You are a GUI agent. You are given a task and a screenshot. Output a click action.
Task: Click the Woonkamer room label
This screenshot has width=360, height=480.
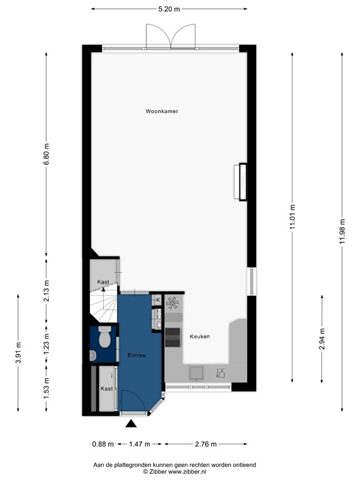click(x=162, y=111)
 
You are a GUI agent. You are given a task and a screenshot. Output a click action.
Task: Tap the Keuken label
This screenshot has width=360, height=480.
click(x=200, y=337)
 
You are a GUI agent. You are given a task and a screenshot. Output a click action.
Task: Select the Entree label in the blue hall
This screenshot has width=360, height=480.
click(x=136, y=356)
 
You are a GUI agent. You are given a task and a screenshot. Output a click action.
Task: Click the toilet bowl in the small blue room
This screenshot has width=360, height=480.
click(x=104, y=338)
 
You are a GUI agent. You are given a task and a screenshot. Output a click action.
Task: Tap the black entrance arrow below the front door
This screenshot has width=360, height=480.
click(x=131, y=424)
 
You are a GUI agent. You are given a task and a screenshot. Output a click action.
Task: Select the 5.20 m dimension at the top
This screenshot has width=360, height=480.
click(x=169, y=9)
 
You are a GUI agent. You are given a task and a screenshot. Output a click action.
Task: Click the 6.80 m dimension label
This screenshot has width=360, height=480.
click(x=46, y=155)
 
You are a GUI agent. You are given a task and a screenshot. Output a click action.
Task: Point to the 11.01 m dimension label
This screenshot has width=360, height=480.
click(x=292, y=217)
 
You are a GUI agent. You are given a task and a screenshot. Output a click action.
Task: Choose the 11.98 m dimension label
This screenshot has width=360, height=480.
click(x=342, y=231)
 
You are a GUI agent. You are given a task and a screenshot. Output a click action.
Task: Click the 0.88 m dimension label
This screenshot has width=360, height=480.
click(x=102, y=444)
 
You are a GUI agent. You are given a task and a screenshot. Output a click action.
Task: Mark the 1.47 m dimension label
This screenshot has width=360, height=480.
click(x=139, y=444)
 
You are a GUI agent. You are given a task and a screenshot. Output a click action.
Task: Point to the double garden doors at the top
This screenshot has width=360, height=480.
click(x=170, y=36)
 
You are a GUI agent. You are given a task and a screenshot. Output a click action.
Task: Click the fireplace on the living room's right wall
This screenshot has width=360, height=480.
click(x=240, y=182)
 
